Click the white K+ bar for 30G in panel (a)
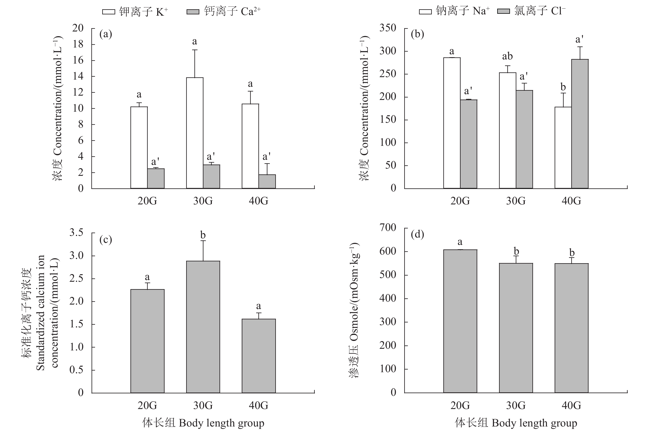point(195,133)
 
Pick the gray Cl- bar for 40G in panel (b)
point(580,124)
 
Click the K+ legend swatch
point(109,12)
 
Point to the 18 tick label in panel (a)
point(78,44)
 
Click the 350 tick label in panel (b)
point(388,28)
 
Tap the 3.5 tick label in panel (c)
point(76,233)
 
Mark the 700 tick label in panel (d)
point(388,228)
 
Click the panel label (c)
point(106,240)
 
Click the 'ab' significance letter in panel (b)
point(507,56)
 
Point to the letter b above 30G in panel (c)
point(203,235)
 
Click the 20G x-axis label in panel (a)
point(147,201)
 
